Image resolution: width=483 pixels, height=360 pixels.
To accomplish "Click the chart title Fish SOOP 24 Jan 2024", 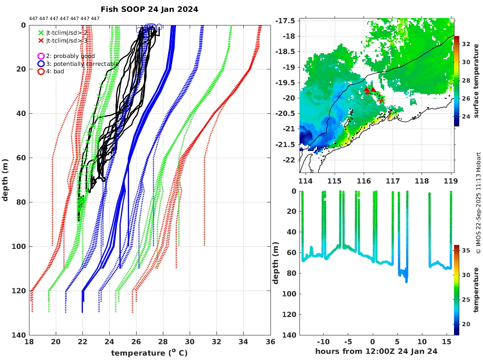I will coord(149,9).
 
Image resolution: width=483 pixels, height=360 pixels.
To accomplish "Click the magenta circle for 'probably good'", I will coord(41,56).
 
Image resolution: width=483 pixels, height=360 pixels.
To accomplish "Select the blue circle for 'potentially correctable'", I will coord(41,64).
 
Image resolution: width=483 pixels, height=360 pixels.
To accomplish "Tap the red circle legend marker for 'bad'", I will coord(41,71).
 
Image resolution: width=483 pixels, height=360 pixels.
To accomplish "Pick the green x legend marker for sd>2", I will coord(41,32).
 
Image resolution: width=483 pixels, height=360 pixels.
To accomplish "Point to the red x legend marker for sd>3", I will coord(41,40).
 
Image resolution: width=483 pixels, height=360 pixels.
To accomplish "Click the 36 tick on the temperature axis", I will coord(270,342).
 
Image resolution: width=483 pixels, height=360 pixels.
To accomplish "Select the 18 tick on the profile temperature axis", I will coord(30,342).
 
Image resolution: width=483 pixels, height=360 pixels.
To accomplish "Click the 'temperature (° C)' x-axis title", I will coord(150,353).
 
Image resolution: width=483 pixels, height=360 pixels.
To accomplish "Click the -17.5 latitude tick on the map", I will coord(288,21).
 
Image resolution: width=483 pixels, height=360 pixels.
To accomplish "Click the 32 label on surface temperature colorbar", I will coord(466,44).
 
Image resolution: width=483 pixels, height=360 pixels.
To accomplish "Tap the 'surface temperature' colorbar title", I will coord(476,81).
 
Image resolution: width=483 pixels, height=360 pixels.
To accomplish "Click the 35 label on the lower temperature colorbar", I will coord(466,251).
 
